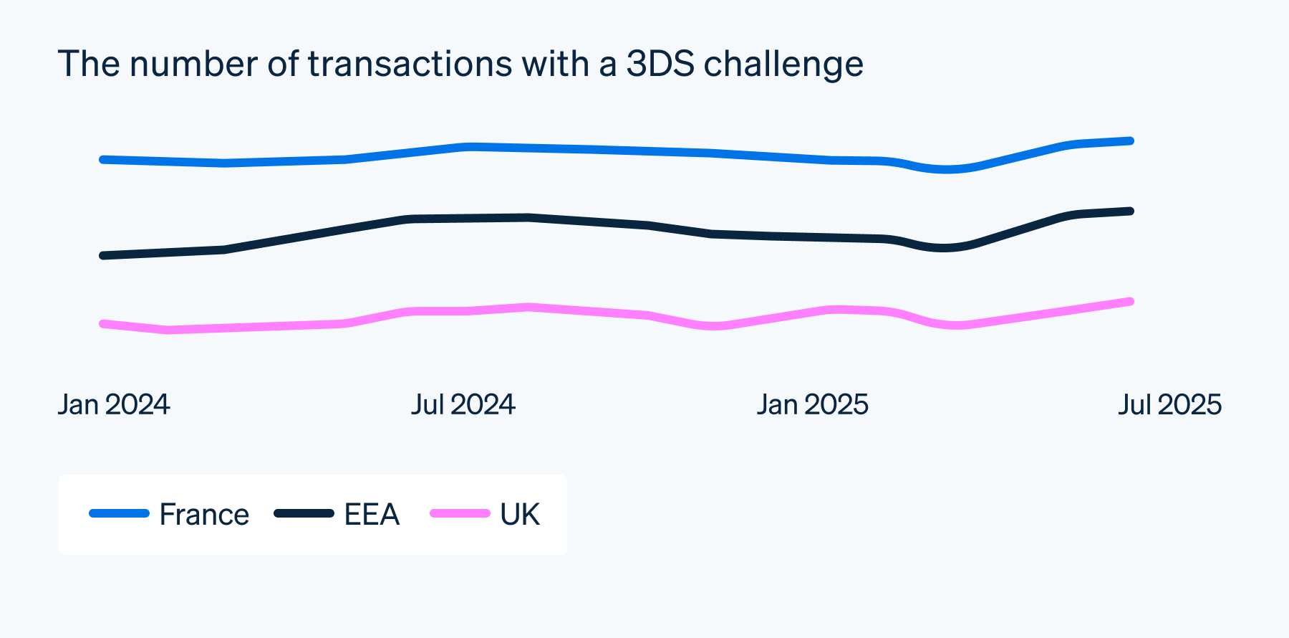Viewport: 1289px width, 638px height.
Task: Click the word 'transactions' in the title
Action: [410, 64]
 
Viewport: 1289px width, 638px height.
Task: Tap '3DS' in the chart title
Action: [660, 64]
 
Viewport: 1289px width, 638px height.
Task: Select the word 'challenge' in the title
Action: [783, 65]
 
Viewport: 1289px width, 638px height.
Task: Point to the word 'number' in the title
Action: [193, 64]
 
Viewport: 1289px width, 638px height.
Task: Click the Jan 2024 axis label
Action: [114, 405]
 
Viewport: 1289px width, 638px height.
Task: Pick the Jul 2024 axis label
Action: [463, 405]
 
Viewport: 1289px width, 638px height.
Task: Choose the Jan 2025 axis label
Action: [812, 405]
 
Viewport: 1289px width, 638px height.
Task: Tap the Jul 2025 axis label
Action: [1169, 405]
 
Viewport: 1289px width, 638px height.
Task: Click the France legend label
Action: [204, 515]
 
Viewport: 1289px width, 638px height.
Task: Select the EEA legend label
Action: [372, 515]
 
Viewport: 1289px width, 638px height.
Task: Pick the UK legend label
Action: [520, 515]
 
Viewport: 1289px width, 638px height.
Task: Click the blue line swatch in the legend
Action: [119, 513]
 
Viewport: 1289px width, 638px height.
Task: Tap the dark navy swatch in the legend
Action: [304, 513]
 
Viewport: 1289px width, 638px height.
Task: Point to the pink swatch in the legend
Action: [460, 513]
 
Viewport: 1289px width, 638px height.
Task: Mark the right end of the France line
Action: [1131, 141]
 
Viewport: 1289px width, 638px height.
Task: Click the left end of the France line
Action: [103, 159]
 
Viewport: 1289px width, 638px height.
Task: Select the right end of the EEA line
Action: [1131, 211]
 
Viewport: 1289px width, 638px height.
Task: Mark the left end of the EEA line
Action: [103, 255]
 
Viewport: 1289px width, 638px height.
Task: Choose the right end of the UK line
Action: [1131, 302]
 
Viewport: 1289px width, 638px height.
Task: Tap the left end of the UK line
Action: [103, 324]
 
